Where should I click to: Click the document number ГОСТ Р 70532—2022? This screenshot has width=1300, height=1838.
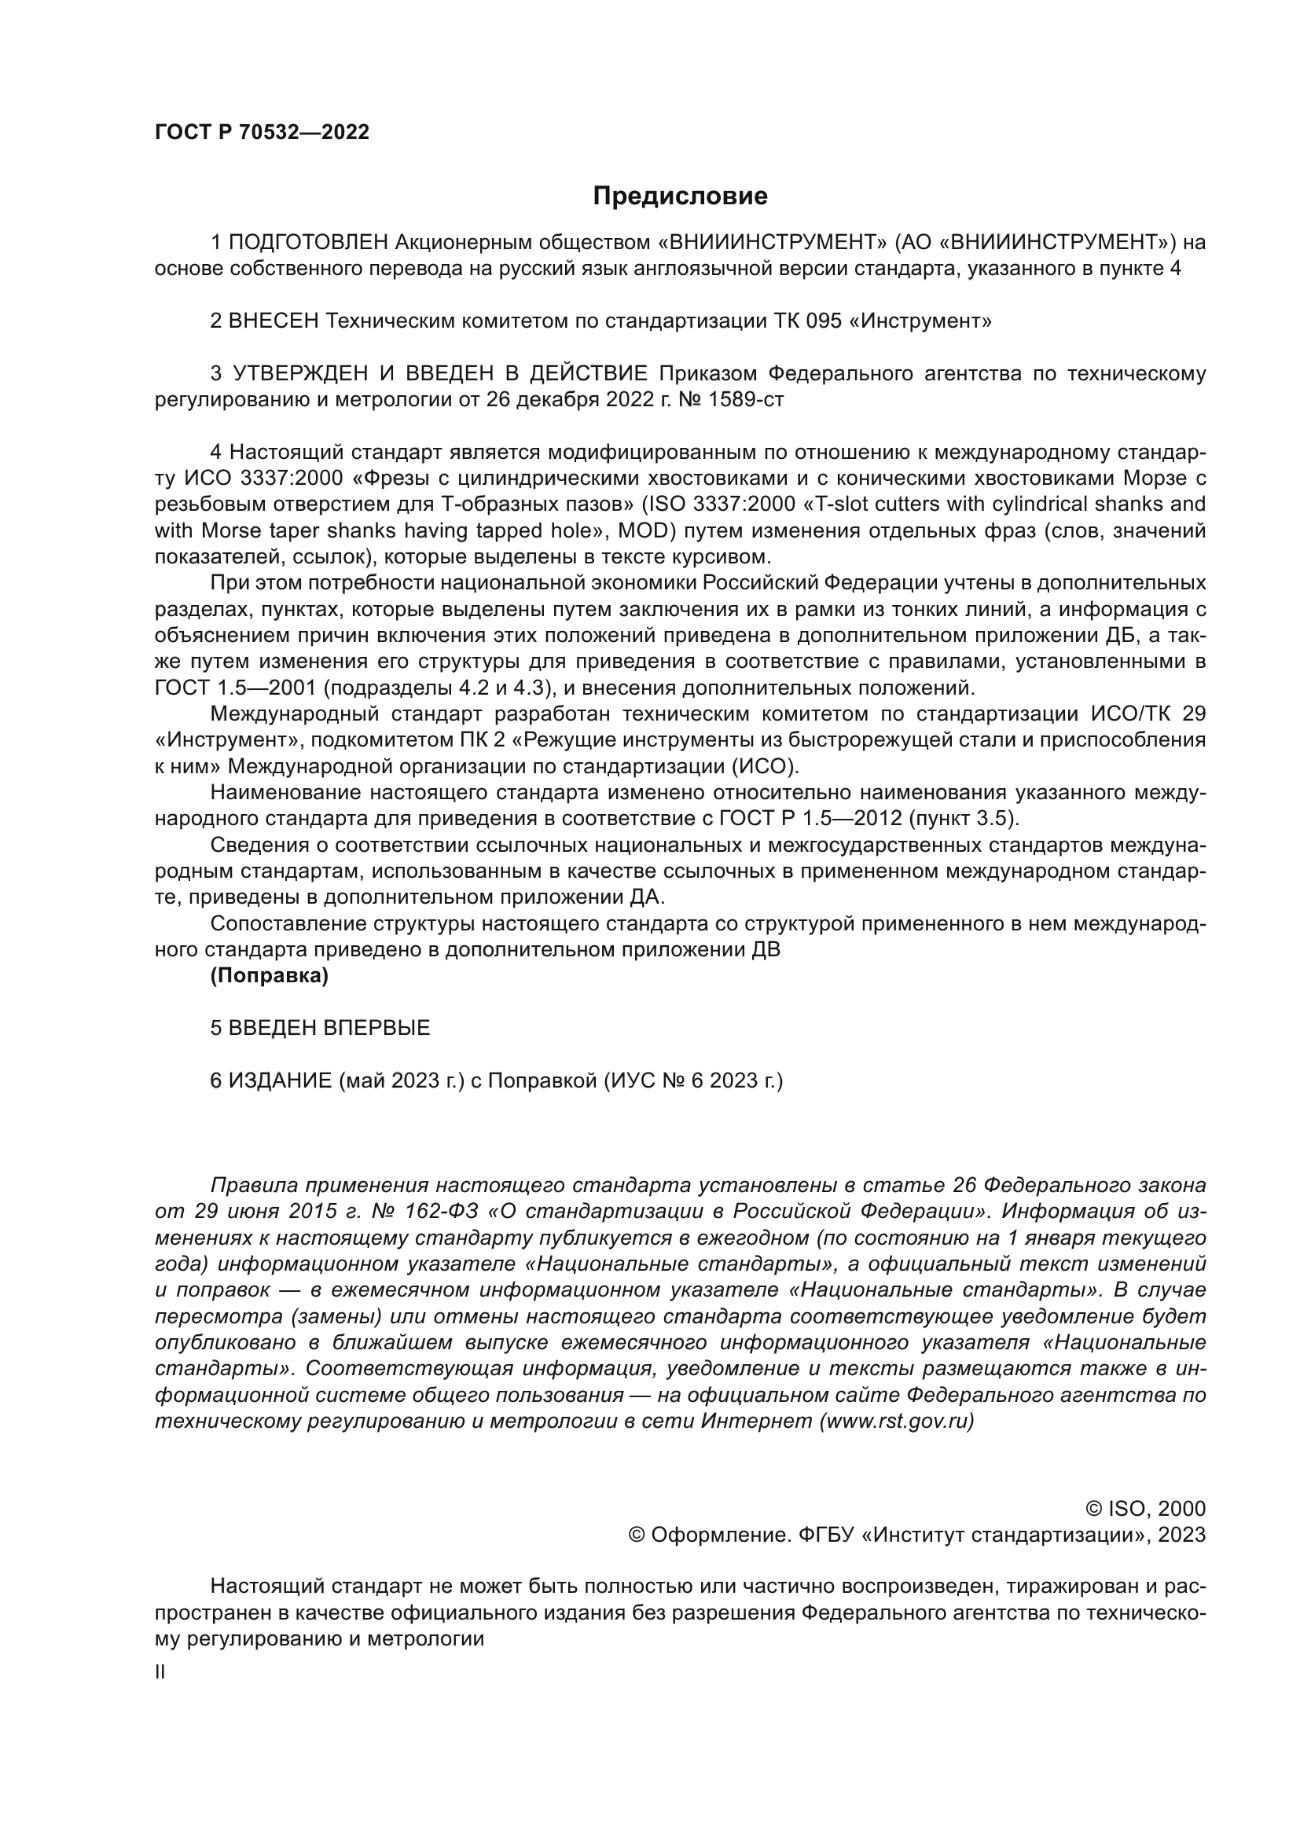pos(262,133)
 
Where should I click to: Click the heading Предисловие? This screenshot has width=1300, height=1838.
pos(680,196)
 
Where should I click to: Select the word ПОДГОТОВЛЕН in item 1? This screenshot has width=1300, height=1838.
pos(309,242)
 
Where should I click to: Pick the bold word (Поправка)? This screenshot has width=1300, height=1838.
pos(269,976)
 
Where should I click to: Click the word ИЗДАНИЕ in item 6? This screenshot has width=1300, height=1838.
pos(280,1080)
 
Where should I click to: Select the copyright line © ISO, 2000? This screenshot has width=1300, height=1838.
pos(1145,1509)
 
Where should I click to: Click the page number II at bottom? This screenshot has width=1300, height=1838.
pos(160,1672)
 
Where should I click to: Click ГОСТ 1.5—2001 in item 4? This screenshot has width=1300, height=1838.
pos(237,688)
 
